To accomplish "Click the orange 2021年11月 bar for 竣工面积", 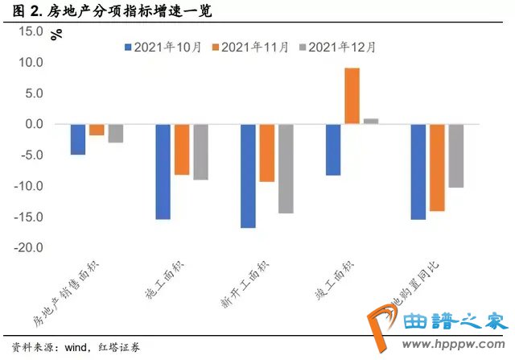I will (x=352, y=96).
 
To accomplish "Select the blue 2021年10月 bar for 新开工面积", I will (x=248, y=176).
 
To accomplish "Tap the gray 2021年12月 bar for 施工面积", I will (x=200, y=151).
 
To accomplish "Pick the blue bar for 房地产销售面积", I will (x=78, y=139).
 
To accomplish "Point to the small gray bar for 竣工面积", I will (x=371, y=122).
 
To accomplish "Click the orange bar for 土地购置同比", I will (x=437, y=168).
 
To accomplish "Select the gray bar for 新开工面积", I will (x=286, y=168).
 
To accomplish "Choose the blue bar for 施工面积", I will (x=163, y=172).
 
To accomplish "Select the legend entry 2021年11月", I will (x=249, y=47).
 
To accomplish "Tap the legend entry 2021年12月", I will (x=336, y=47).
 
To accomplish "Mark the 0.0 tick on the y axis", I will (x=32, y=124).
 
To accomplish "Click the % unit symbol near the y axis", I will (x=56, y=35).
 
